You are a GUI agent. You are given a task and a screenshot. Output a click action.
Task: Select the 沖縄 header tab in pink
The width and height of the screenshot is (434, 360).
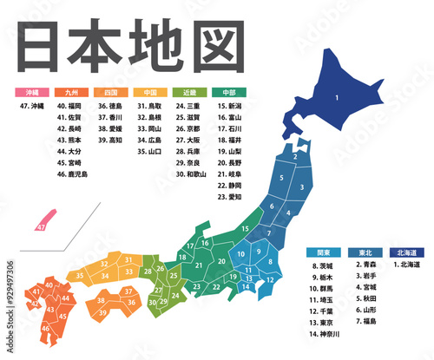31,91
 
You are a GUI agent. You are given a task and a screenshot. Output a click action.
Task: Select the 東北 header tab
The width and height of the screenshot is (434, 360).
365,253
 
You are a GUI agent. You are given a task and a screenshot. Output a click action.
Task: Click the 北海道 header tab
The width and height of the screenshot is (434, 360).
406,253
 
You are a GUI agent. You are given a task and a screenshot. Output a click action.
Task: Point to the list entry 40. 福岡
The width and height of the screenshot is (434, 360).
70,106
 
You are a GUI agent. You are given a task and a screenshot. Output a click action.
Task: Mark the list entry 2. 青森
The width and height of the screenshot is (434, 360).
365,265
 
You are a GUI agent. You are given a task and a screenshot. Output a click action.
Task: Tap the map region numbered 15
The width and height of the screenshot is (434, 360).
246,229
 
